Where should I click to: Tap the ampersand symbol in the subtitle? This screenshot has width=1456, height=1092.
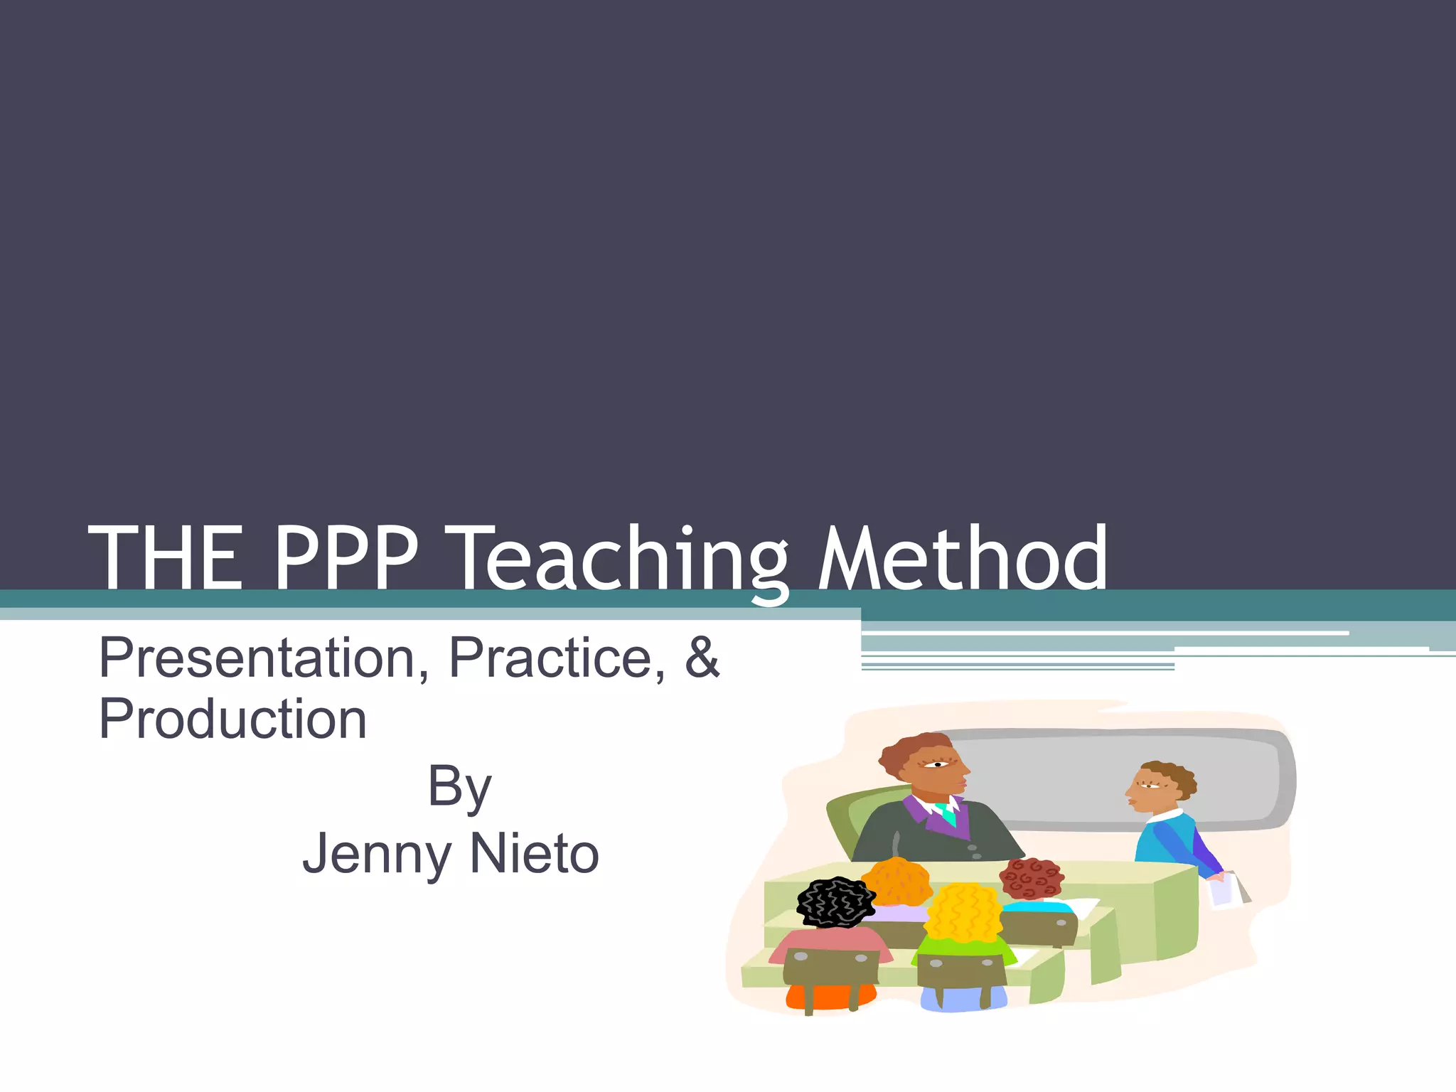pos(702,657)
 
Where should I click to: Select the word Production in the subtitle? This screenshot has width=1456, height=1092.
pos(232,719)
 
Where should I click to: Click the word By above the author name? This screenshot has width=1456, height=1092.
pos(459,788)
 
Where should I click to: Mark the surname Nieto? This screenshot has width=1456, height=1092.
pos(534,854)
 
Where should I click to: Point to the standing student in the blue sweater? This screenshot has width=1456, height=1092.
pos(1166,832)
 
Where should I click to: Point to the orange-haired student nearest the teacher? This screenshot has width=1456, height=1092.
pos(898,882)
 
